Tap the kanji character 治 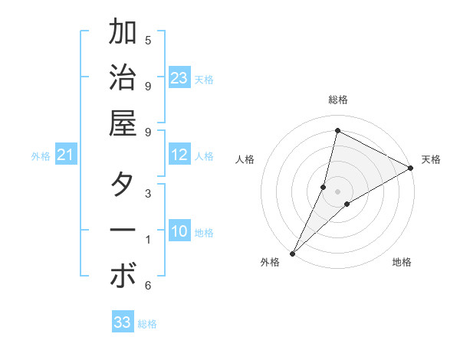point(123,78)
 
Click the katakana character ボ point(123,277)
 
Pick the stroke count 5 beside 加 point(148,40)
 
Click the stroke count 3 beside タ point(148,193)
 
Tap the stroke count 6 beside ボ point(148,286)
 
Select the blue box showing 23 point(179,78)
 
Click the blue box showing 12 point(179,155)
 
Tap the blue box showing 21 point(66,155)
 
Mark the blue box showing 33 point(123,322)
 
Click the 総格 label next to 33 point(147,324)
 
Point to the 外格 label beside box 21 point(41,156)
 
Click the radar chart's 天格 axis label point(431,159)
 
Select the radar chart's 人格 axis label point(245,159)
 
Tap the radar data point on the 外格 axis point(292,253)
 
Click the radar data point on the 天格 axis point(411,168)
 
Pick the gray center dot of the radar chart point(337,191)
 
